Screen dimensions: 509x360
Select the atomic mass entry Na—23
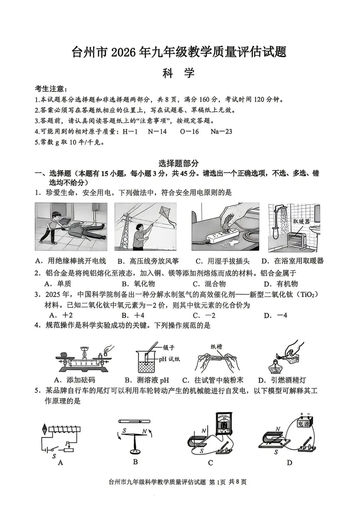point(221,131)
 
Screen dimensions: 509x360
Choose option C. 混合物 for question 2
point(209,284)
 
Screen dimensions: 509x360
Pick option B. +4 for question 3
point(133,315)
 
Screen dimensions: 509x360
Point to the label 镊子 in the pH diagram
point(169,347)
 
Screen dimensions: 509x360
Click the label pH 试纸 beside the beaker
point(169,359)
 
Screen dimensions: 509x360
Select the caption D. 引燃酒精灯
point(282,380)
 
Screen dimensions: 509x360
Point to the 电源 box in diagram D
point(303,423)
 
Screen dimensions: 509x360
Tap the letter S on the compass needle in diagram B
point(124,431)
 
